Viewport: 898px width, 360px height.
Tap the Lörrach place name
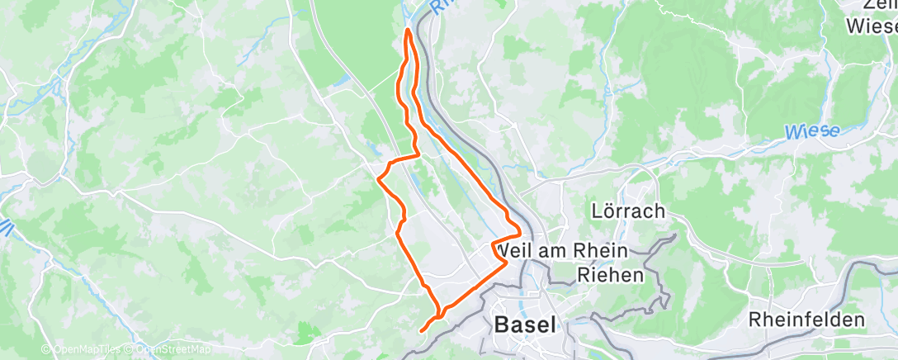coord(628,211)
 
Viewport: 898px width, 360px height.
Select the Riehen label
coord(610,275)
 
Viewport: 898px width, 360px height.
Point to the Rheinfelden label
coord(806,320)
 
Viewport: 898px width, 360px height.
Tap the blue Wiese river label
coord(811,131)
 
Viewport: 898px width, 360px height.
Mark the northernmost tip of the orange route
coord(408,31)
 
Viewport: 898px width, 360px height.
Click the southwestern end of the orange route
coord(422,330)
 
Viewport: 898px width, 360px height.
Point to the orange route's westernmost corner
coord(378,178)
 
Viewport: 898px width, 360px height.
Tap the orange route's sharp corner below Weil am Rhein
coord(504,263)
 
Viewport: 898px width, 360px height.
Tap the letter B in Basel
coord(502,324)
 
